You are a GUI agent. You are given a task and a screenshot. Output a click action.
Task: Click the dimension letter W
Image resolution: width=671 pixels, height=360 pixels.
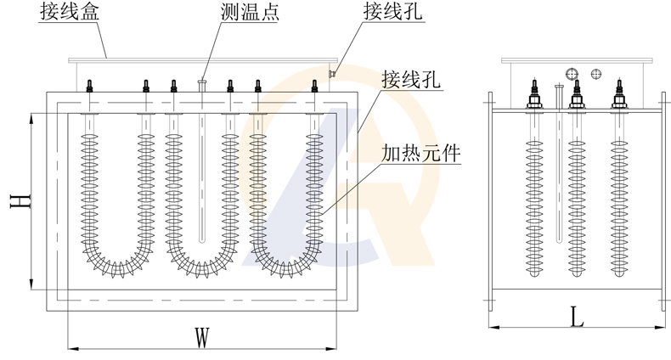201,337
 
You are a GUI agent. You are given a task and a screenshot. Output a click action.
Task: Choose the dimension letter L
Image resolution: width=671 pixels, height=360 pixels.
578,318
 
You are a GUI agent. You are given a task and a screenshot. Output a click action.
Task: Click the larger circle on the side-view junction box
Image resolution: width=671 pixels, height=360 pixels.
572,73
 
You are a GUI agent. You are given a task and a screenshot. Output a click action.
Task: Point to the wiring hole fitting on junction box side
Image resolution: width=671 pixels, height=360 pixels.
334,74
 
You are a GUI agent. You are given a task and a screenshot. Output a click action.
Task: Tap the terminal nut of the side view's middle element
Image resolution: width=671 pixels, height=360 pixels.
577,100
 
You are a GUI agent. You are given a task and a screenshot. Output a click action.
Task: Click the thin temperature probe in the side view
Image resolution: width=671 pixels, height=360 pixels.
556,170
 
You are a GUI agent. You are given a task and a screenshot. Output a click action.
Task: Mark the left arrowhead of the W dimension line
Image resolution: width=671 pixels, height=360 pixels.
71,347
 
